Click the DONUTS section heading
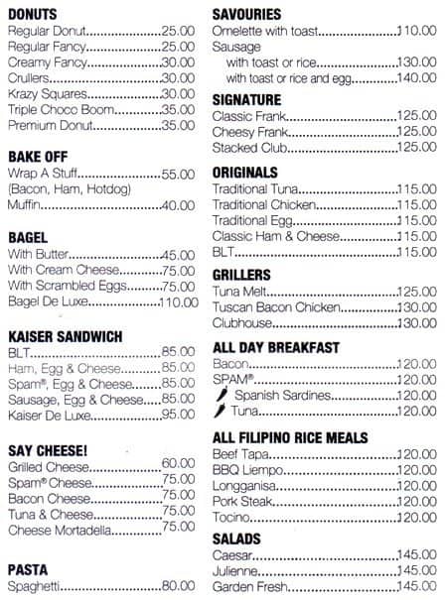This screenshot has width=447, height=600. [x=32, y=15]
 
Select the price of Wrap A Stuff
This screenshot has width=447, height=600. [x=178, y=174]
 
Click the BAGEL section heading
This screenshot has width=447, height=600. [x=29, y=238]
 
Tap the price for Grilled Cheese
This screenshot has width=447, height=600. [x=178, y=463]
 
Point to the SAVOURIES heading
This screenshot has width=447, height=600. [x=246, y=15]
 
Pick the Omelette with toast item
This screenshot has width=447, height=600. [x=265, y=32]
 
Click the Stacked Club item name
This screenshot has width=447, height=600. [x=248, y=148]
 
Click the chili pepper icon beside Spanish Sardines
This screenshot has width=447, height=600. [x=221, y=395]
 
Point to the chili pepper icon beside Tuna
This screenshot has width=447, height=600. [x=221, y=411]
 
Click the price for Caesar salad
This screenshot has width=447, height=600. [x=418, y=555]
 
